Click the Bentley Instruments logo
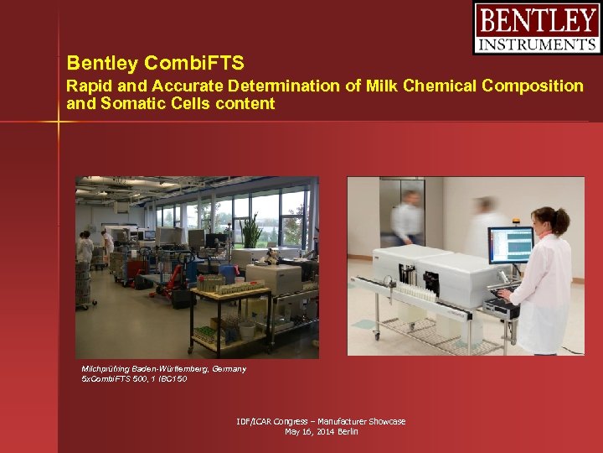pos(537,29)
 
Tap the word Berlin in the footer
pos(348,431)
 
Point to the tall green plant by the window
pos(250,231)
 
